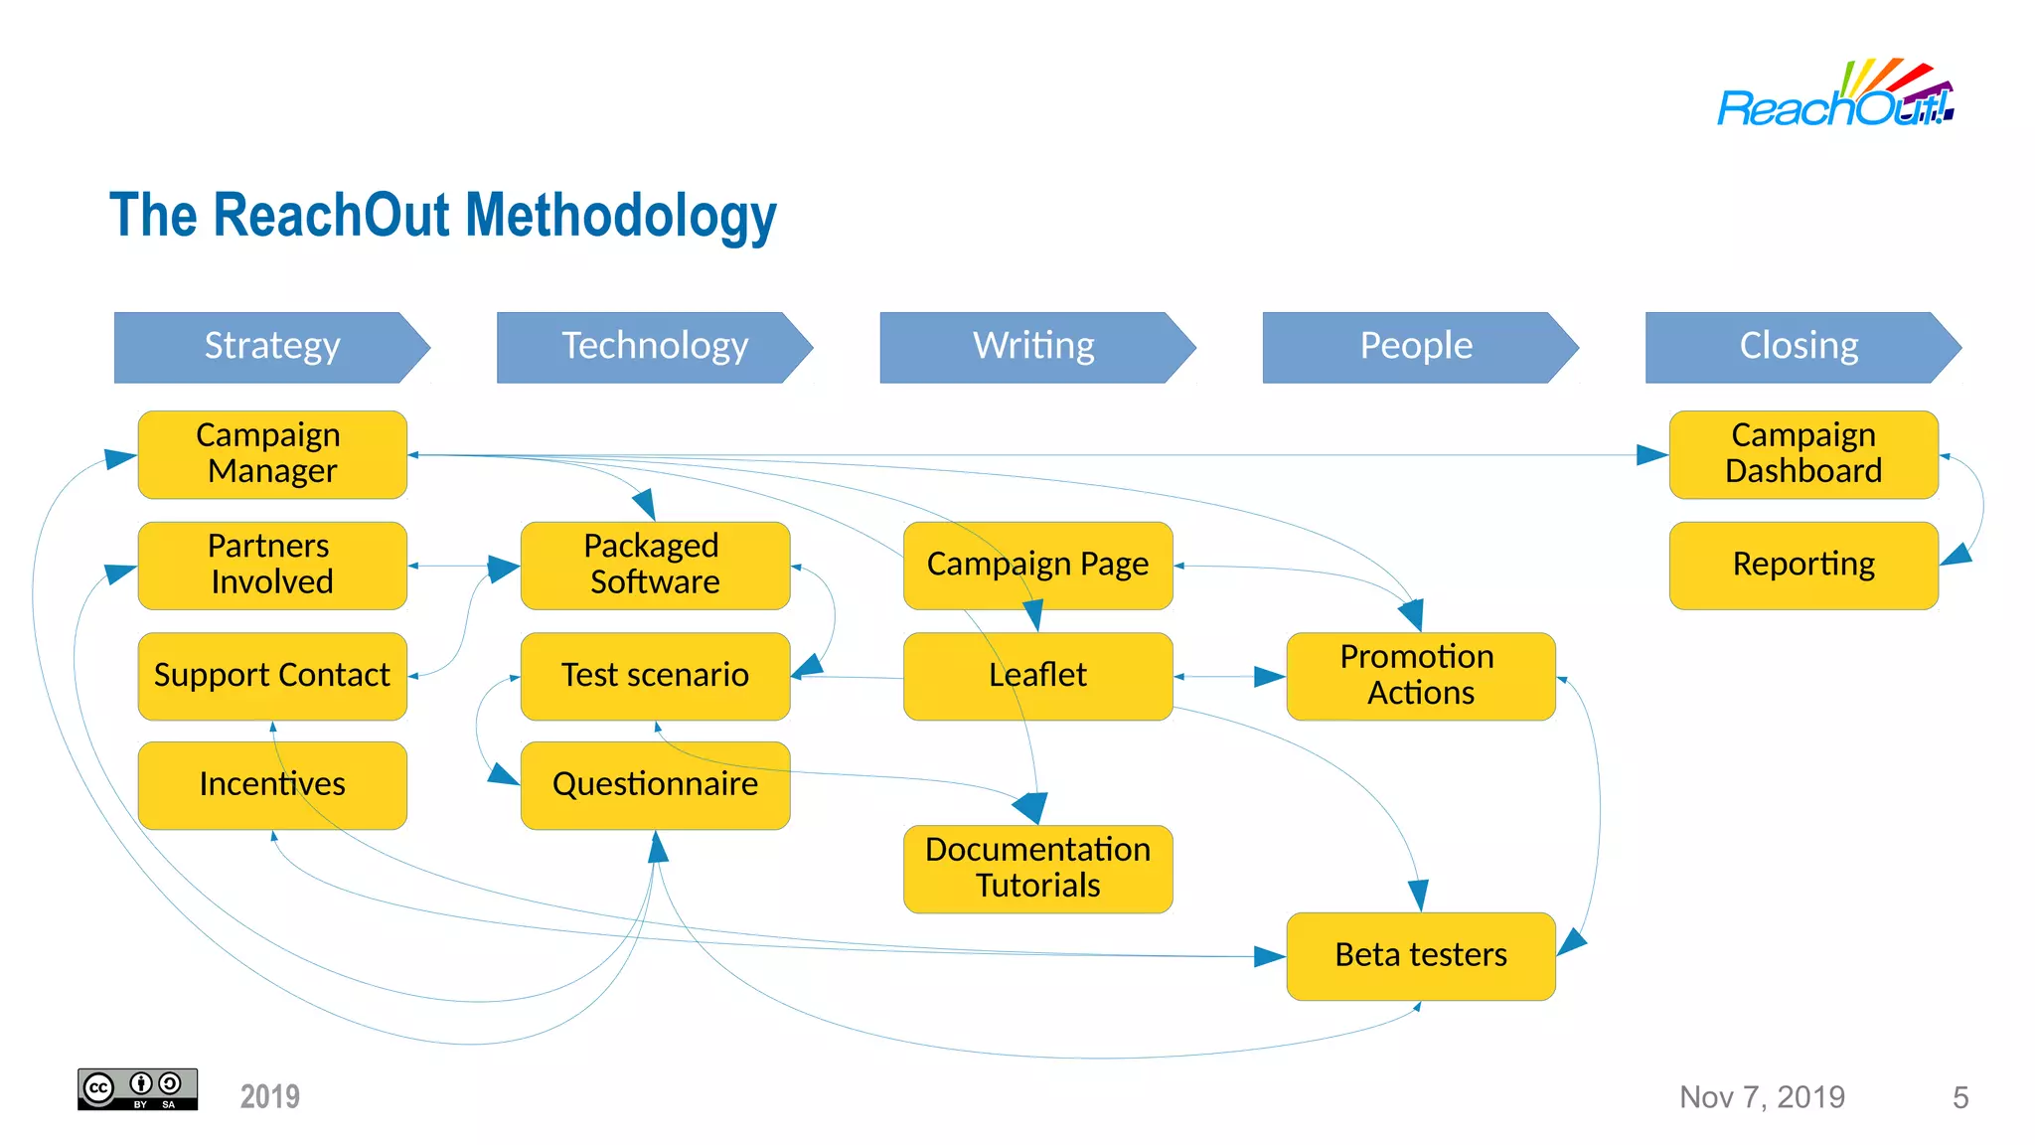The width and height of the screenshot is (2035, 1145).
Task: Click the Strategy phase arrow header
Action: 271,347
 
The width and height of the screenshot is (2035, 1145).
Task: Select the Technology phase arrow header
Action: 654,347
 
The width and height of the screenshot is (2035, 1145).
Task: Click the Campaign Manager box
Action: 271,454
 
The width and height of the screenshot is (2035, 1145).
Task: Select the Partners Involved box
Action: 271,565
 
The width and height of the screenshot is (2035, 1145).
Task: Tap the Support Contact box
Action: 271,676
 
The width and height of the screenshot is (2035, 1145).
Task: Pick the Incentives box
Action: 271,785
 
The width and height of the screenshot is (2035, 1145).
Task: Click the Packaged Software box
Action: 654,565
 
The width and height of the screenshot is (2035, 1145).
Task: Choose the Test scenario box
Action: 654,676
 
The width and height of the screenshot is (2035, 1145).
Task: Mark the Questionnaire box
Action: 654,785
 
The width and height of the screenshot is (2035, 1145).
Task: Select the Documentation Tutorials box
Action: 1037,868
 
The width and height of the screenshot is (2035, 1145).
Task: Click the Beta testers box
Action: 1420,955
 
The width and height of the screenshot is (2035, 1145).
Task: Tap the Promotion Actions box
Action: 1420,676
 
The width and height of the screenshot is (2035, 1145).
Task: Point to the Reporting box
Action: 1802,565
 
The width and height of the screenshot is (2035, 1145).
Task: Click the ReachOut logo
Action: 1835,96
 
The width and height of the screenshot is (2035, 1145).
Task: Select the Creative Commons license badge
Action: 137,1089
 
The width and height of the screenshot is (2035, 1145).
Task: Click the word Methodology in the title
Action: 621,217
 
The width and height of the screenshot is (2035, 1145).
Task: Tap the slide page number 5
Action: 1959,1097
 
